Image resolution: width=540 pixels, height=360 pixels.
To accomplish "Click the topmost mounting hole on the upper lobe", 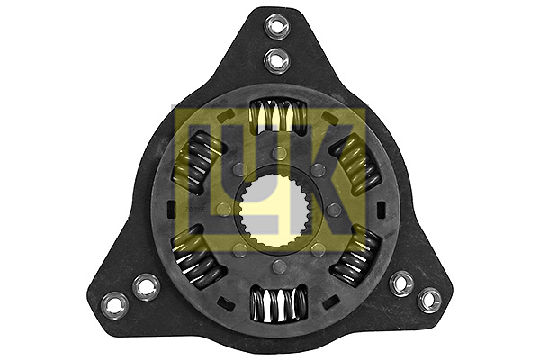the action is [x=277, y=24].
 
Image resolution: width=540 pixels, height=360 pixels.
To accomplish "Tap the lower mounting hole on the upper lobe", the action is [x=277, y=60].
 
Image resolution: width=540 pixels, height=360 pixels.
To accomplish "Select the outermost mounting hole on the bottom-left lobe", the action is [x=114, y=304].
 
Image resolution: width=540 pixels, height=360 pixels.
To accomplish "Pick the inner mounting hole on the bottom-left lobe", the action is [x=146, y=286].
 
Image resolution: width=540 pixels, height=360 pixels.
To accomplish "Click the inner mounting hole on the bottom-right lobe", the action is [x=402, y=283].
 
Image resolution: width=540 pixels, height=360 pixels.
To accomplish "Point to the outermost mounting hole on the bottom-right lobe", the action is [x=428, y=299].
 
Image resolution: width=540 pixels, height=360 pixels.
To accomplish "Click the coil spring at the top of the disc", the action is [x=278, y=115].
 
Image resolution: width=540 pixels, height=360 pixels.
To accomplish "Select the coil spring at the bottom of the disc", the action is [x=279, y=302].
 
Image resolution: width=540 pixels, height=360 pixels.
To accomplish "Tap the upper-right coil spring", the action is [x=356, y=162].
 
